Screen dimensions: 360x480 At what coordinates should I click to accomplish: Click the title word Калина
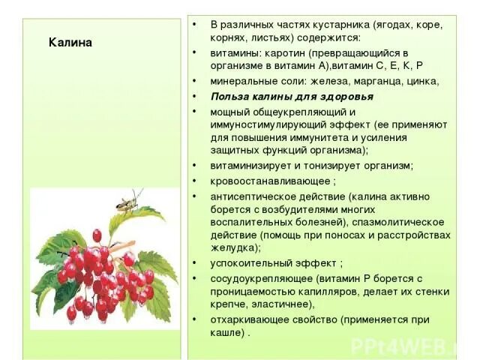[x=70, y=42]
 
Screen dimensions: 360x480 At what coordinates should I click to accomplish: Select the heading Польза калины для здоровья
[x=292, y=97]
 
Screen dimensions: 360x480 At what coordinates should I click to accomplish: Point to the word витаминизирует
[x=250, y=165]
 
